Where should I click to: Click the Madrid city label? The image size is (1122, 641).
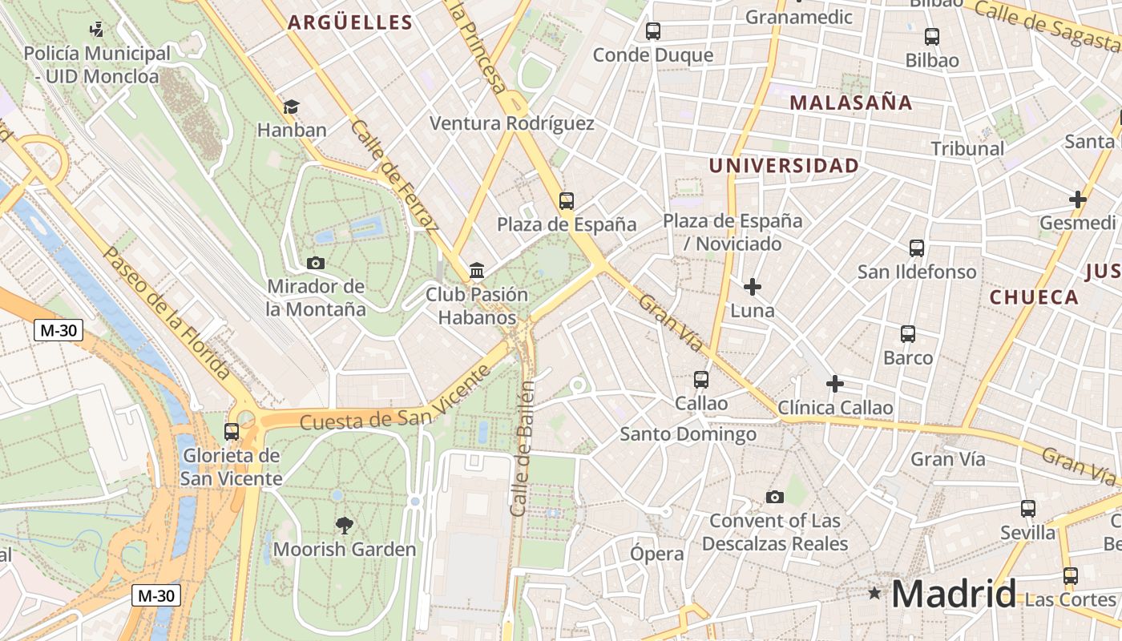click(953, 594)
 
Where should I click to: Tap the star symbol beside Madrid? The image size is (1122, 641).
click(874, 594)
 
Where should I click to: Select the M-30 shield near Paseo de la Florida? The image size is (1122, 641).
click(59, 330)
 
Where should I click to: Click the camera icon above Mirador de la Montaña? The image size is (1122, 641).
click(316, 263)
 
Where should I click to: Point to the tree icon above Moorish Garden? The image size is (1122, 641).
click(345, 526)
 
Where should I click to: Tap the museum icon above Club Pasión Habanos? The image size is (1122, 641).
click(477, 270)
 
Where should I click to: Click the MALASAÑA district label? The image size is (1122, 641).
click(850, 103)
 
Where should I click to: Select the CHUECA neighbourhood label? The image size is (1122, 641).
click(1034, 297)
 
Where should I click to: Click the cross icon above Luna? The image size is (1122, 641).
click(753, 286)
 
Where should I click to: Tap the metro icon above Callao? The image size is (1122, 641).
click(701, 379)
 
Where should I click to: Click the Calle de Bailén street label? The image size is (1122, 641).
click(523, 449)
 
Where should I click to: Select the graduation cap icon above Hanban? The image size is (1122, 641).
click(291, 107)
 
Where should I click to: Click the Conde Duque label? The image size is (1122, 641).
click(652, 55)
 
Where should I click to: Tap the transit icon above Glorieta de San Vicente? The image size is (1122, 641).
click(232, 431)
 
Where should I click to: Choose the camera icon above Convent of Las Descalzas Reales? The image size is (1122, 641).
click(774, 497)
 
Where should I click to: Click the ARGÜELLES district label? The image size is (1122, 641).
click(349, 22)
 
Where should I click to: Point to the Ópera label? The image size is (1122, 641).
click(656, 554)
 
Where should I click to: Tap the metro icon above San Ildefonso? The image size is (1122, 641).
click(917, 248)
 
